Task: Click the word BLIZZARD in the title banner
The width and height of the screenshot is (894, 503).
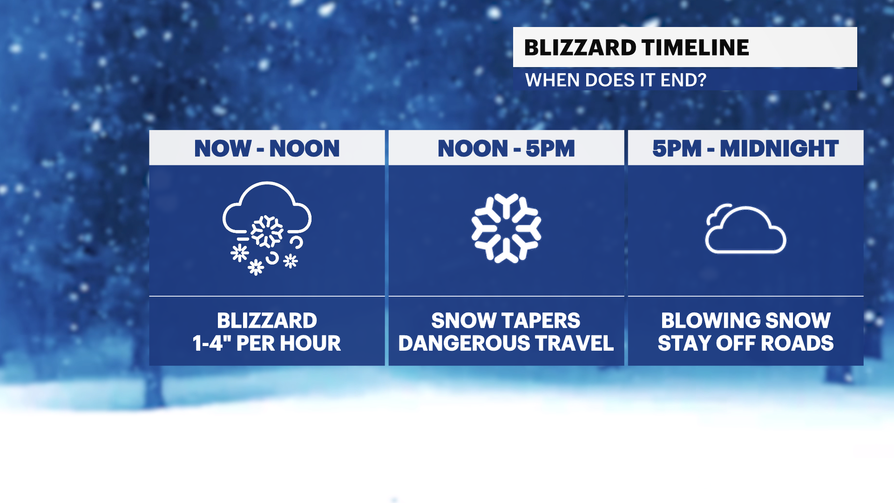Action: pos(580,48)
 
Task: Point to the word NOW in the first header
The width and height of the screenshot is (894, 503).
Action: pos(223,149)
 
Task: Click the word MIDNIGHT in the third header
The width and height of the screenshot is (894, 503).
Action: pos(779,149)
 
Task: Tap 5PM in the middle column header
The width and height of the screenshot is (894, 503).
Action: pos(550,149)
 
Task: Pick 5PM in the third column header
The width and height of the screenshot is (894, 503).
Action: pos(677,149)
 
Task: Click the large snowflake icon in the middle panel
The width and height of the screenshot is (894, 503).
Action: pos(506,228)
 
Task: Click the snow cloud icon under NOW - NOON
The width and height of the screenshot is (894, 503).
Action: pos(267,228)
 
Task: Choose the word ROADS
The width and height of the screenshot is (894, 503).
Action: pos(798,343)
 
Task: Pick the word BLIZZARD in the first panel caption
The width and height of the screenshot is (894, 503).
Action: pos(267,320)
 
